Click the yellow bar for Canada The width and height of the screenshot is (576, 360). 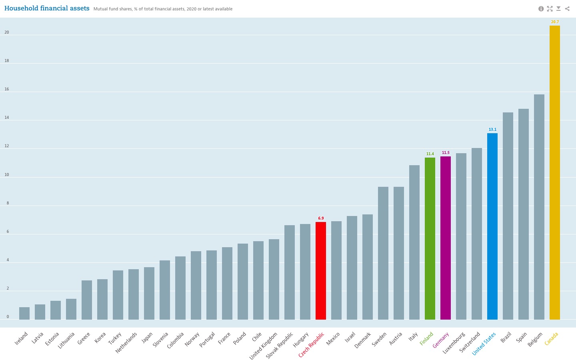(554, 172)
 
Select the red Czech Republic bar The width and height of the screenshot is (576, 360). (320, 271)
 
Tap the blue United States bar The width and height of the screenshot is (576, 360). (492, 226)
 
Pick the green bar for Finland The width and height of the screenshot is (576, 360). (430, 238)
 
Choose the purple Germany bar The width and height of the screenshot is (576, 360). (445, 238)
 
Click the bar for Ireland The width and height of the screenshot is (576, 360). (24, 313)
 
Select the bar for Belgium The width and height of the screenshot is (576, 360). (539, 207)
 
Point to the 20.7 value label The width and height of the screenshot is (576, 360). (554, 22)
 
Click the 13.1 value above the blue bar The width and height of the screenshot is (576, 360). (492, 130)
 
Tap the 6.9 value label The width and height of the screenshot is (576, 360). (320, 218)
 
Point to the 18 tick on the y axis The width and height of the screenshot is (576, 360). (6, 61)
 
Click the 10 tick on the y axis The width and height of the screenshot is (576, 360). (6, 175)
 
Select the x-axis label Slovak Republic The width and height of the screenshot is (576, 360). (280, 345)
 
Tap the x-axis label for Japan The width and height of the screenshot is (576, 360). (147, 338)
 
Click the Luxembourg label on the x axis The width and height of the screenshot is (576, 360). (454, 343)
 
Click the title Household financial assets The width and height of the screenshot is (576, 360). (47, 8)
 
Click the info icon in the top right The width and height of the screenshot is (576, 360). (541, 9)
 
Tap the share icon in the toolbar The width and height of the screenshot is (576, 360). (567, 9)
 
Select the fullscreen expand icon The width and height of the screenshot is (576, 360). (550, 9)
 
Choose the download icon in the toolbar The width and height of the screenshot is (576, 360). (558, 9)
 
